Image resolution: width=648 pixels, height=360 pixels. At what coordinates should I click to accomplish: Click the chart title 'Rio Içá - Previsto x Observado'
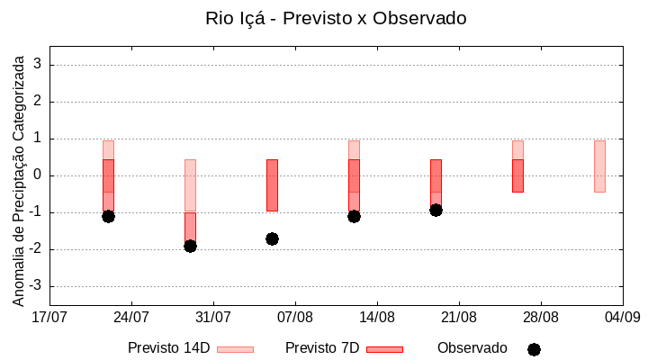336,18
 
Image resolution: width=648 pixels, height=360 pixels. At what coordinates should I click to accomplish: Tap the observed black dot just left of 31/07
190,246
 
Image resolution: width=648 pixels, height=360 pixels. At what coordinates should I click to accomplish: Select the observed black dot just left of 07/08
272,238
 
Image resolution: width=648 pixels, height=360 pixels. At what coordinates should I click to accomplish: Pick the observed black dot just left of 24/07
108,216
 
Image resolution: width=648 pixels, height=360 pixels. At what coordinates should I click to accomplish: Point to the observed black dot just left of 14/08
354,216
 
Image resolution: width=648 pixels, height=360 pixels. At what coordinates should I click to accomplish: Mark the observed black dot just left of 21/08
436,210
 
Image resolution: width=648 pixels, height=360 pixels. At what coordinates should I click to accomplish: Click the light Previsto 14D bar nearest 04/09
599,166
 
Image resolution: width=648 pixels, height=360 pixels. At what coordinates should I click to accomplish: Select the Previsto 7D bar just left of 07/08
272,184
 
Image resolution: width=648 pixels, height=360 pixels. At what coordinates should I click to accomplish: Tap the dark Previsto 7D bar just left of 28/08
517,175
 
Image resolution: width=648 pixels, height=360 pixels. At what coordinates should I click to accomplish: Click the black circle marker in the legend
534,349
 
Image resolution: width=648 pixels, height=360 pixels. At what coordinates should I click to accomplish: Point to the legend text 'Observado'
472,348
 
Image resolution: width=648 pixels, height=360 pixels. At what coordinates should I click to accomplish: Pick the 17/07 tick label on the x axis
49,317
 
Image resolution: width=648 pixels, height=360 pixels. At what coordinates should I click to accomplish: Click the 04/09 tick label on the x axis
622,317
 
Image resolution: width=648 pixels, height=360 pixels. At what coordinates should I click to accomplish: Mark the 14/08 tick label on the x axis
377,317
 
